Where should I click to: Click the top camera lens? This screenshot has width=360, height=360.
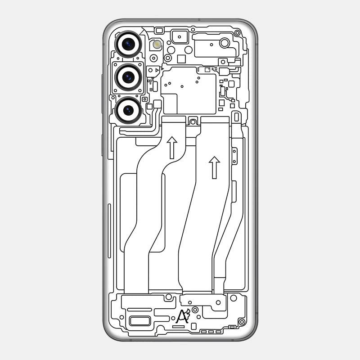(128, 44)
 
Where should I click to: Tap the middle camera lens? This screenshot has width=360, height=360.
(128, 77)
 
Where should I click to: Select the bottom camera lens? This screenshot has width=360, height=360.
(128, 110)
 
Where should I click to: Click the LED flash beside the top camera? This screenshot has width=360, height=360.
(157, 44)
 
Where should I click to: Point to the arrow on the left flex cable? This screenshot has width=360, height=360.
(172, 148)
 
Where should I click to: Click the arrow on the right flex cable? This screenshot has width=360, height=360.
(215, 167)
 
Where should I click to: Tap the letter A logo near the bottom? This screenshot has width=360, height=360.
(182, 316)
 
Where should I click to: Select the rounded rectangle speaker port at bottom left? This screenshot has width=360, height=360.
(140, 321)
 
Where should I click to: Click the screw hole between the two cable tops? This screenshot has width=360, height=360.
(193, 121)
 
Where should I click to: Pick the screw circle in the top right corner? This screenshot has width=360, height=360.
(237, 33)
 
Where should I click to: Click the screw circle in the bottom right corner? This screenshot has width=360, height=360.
(242, 321)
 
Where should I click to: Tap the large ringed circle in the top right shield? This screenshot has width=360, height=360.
(225, 43)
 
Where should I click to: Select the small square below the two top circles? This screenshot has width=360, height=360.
(181, 58)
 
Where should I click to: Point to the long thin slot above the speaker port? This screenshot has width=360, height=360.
(139, 310)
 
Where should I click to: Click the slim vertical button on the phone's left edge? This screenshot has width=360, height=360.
(109, 231)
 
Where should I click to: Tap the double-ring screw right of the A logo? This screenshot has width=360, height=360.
(195, 310)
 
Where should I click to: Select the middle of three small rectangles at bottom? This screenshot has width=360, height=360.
(211, 332)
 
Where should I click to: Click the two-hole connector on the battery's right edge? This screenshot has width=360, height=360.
(234, 156)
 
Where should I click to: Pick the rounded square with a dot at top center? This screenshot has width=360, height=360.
(180, 36)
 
